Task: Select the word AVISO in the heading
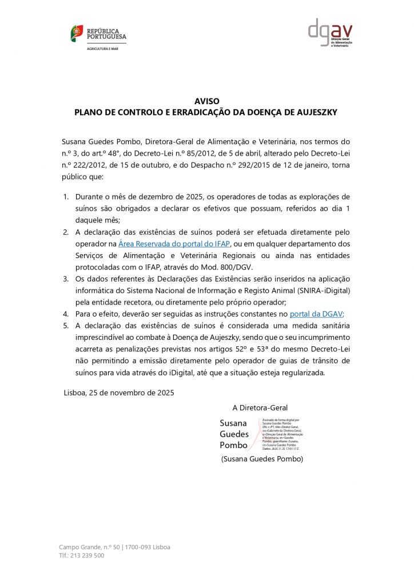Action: tap(206, 101)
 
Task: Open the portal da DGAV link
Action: tap(316, 314)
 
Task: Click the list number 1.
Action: tap(65, 196)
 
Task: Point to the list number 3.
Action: tap(65, 279)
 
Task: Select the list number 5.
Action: tap(65, 326)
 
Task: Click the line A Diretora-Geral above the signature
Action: tap(260, 407)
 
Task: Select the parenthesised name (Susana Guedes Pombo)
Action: tap(262, 459)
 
